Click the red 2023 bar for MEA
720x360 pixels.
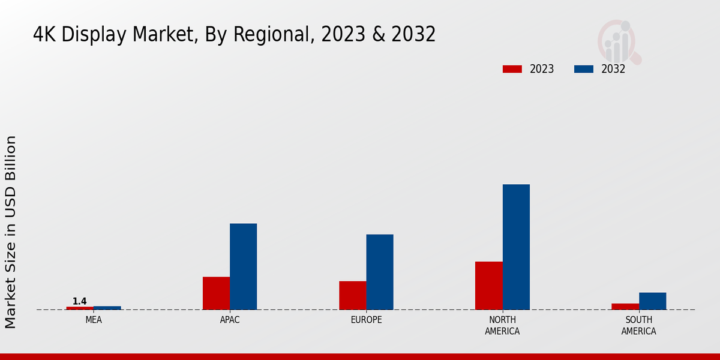(80, 308)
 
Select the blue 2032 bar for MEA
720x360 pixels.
(107, 308)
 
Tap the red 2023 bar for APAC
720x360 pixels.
(216, 293)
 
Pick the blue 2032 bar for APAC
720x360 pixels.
(243, 266)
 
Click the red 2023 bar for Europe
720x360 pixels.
(352, 295)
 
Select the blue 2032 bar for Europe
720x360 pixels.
(380, 272)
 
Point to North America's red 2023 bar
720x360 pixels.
(489, 286)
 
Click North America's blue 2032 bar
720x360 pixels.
(516, 247)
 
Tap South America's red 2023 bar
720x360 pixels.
(625, 307)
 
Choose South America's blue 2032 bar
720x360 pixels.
(652, 301)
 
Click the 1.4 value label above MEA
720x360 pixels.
(80, 301)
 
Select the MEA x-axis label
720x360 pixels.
(94, 320)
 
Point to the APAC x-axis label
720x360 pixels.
(230, 320)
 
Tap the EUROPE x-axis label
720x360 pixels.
(366, 320)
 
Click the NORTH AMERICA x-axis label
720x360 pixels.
(502, 325)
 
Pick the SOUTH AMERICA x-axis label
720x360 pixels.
(638, 325)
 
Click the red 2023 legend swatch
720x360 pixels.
(512, 69)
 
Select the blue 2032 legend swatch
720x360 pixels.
(583, 69)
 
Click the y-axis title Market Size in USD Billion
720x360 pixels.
(11, 232)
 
